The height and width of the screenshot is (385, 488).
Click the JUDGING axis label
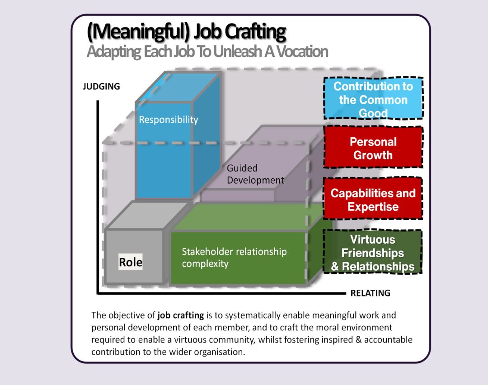click(101, 86)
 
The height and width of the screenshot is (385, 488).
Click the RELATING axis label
click(370, 293)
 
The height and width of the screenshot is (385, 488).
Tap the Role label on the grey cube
click(131, 262)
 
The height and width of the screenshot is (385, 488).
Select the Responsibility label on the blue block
click(168, 120)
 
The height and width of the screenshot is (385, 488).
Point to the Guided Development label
click(255, 174)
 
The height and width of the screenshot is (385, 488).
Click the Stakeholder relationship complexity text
click(234, 257)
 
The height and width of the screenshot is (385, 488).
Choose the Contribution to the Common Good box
click(373, 99)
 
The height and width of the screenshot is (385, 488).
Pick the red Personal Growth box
click(373, 148)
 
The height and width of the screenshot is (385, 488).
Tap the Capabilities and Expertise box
click(373, 199)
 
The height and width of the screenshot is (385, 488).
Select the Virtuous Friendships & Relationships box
click(373, 253)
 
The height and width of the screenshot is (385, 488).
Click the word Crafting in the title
click(255, 32)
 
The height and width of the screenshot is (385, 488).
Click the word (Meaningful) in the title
click(138, 32)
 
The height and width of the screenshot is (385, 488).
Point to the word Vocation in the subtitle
click(302, 51)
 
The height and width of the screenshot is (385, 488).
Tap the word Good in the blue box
click(373, 113)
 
